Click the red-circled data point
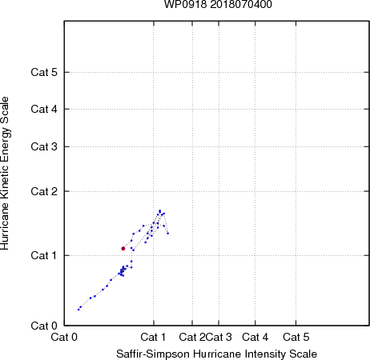pos(123,249)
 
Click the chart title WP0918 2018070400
pos(218,4)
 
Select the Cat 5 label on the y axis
pos(44,72)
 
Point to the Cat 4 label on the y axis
pos(44,109)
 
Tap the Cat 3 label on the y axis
pos(44,146)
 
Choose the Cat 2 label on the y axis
pos(44,191)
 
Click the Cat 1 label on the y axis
pos(44,255)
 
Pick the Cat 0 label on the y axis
pos(44,326)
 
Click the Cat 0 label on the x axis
pos(64,337)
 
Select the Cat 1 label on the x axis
pos(153,337)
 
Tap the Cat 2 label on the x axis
pos(192,337)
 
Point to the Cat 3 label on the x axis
pos(219,337)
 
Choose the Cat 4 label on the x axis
pos(255,337)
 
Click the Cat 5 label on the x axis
pos(296,337)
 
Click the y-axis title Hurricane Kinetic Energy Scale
pos(5,174)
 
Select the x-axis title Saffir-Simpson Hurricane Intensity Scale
pos(217,354)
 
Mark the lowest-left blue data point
pos(78,310)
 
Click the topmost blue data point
pos(159,210)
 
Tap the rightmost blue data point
pos(168,234)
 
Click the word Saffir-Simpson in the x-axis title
pos(153,354)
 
